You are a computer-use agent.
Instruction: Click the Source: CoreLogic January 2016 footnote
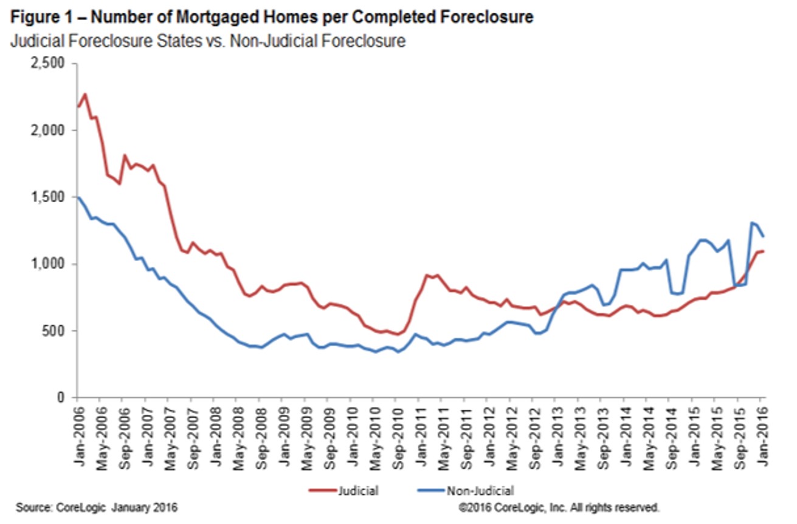(97, 506)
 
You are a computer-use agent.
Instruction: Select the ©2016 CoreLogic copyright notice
(559, 506)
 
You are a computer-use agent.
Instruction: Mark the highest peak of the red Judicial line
(85, 94)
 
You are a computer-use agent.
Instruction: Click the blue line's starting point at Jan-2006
(78, 197)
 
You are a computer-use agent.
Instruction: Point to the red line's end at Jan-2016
(764, 251)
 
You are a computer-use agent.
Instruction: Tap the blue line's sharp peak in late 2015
(752, 223)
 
